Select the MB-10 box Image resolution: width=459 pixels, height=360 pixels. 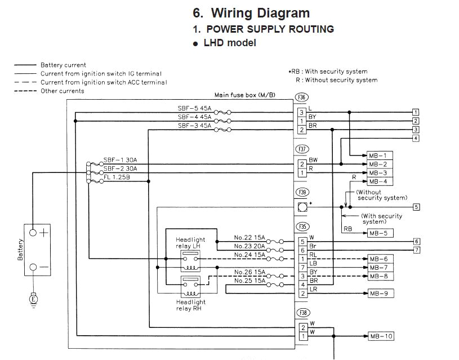pyautogui.click(x=380, y=336)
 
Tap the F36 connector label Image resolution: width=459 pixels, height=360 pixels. pyautogui.click(x=302, y=97)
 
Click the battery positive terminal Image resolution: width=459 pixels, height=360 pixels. pyautogui.click(x=33, y=232)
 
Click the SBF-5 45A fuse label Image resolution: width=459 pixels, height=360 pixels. pyautogui.click(x=194, y=109)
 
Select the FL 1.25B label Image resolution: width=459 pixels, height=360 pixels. pyautogui.click(x=117, y=177)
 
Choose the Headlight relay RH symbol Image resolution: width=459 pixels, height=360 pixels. pyautogui.click(x=190, y=288)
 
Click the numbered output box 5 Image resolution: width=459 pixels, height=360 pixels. pyautogui.click(x=416, y=207)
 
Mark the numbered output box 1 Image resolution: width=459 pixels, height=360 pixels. pyautogui.click(x=416, y=112)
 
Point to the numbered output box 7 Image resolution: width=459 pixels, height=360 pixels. pyautogui.click(x=417, y=250)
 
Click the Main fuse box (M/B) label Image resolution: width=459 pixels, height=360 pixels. pyautogui.click(x=244, y=95)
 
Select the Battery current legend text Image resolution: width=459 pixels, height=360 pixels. pyautogui.click(x=63, y=65)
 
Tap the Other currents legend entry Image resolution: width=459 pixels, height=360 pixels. pyautogui.click(x=62, y=91)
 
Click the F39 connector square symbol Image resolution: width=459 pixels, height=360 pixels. pyautogui.click(x=302, y=207)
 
